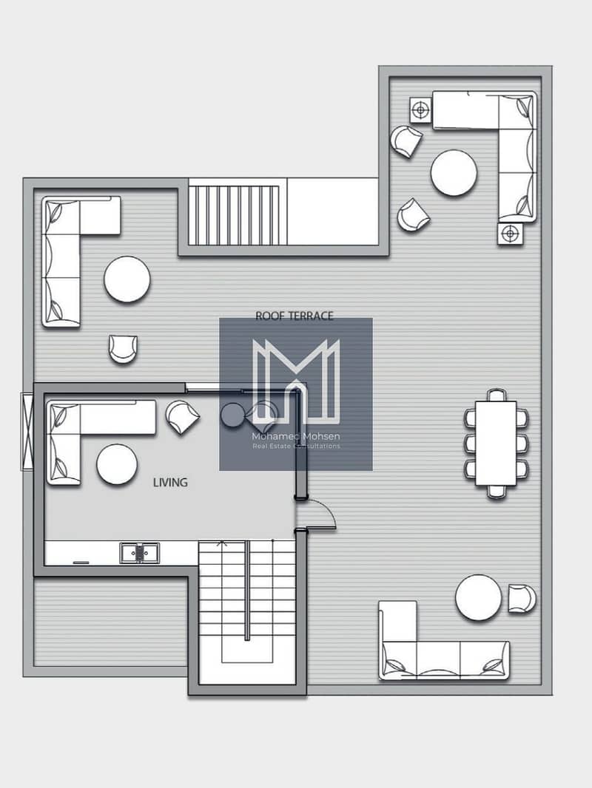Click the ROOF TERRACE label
point(295,316)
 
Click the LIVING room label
point(170,483)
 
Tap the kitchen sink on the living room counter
point(139,553)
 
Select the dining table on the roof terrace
point(496,443)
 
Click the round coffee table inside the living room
point(117,464)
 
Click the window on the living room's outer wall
point(27,432)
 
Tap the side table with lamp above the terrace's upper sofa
point(420,109)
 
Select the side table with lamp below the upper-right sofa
point(510,234)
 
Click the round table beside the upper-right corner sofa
point(454,172)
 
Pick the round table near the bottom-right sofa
point(478,597)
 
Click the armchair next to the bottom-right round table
point(522,599)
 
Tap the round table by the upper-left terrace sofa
point(127,279)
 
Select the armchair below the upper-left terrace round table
point(124,349)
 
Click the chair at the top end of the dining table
point(496,395)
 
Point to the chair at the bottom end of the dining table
point(496,492)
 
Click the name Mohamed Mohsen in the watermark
point(296,436)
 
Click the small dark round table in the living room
point(232,415)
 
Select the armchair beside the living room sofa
point(182,417)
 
